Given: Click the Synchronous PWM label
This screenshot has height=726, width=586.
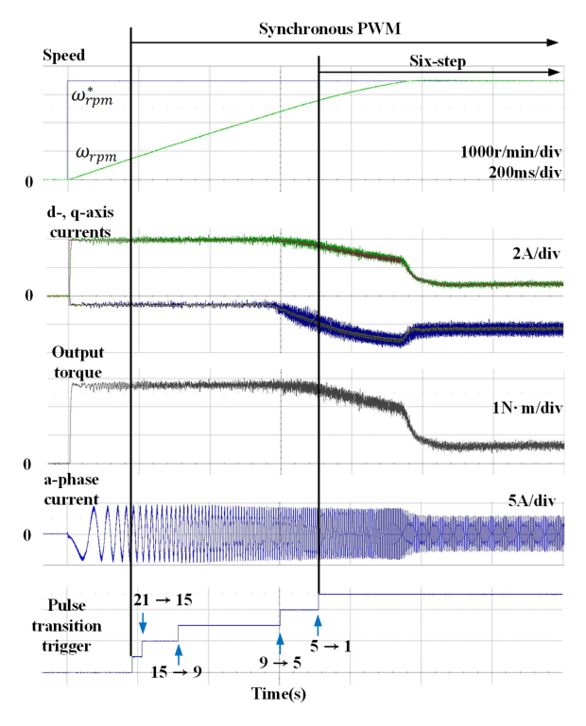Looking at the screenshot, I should tap(330, 29).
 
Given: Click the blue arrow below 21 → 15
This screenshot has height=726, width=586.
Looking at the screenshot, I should tap(142, 622).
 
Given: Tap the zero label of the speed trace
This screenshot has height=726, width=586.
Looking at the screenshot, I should tap(28, 180).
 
